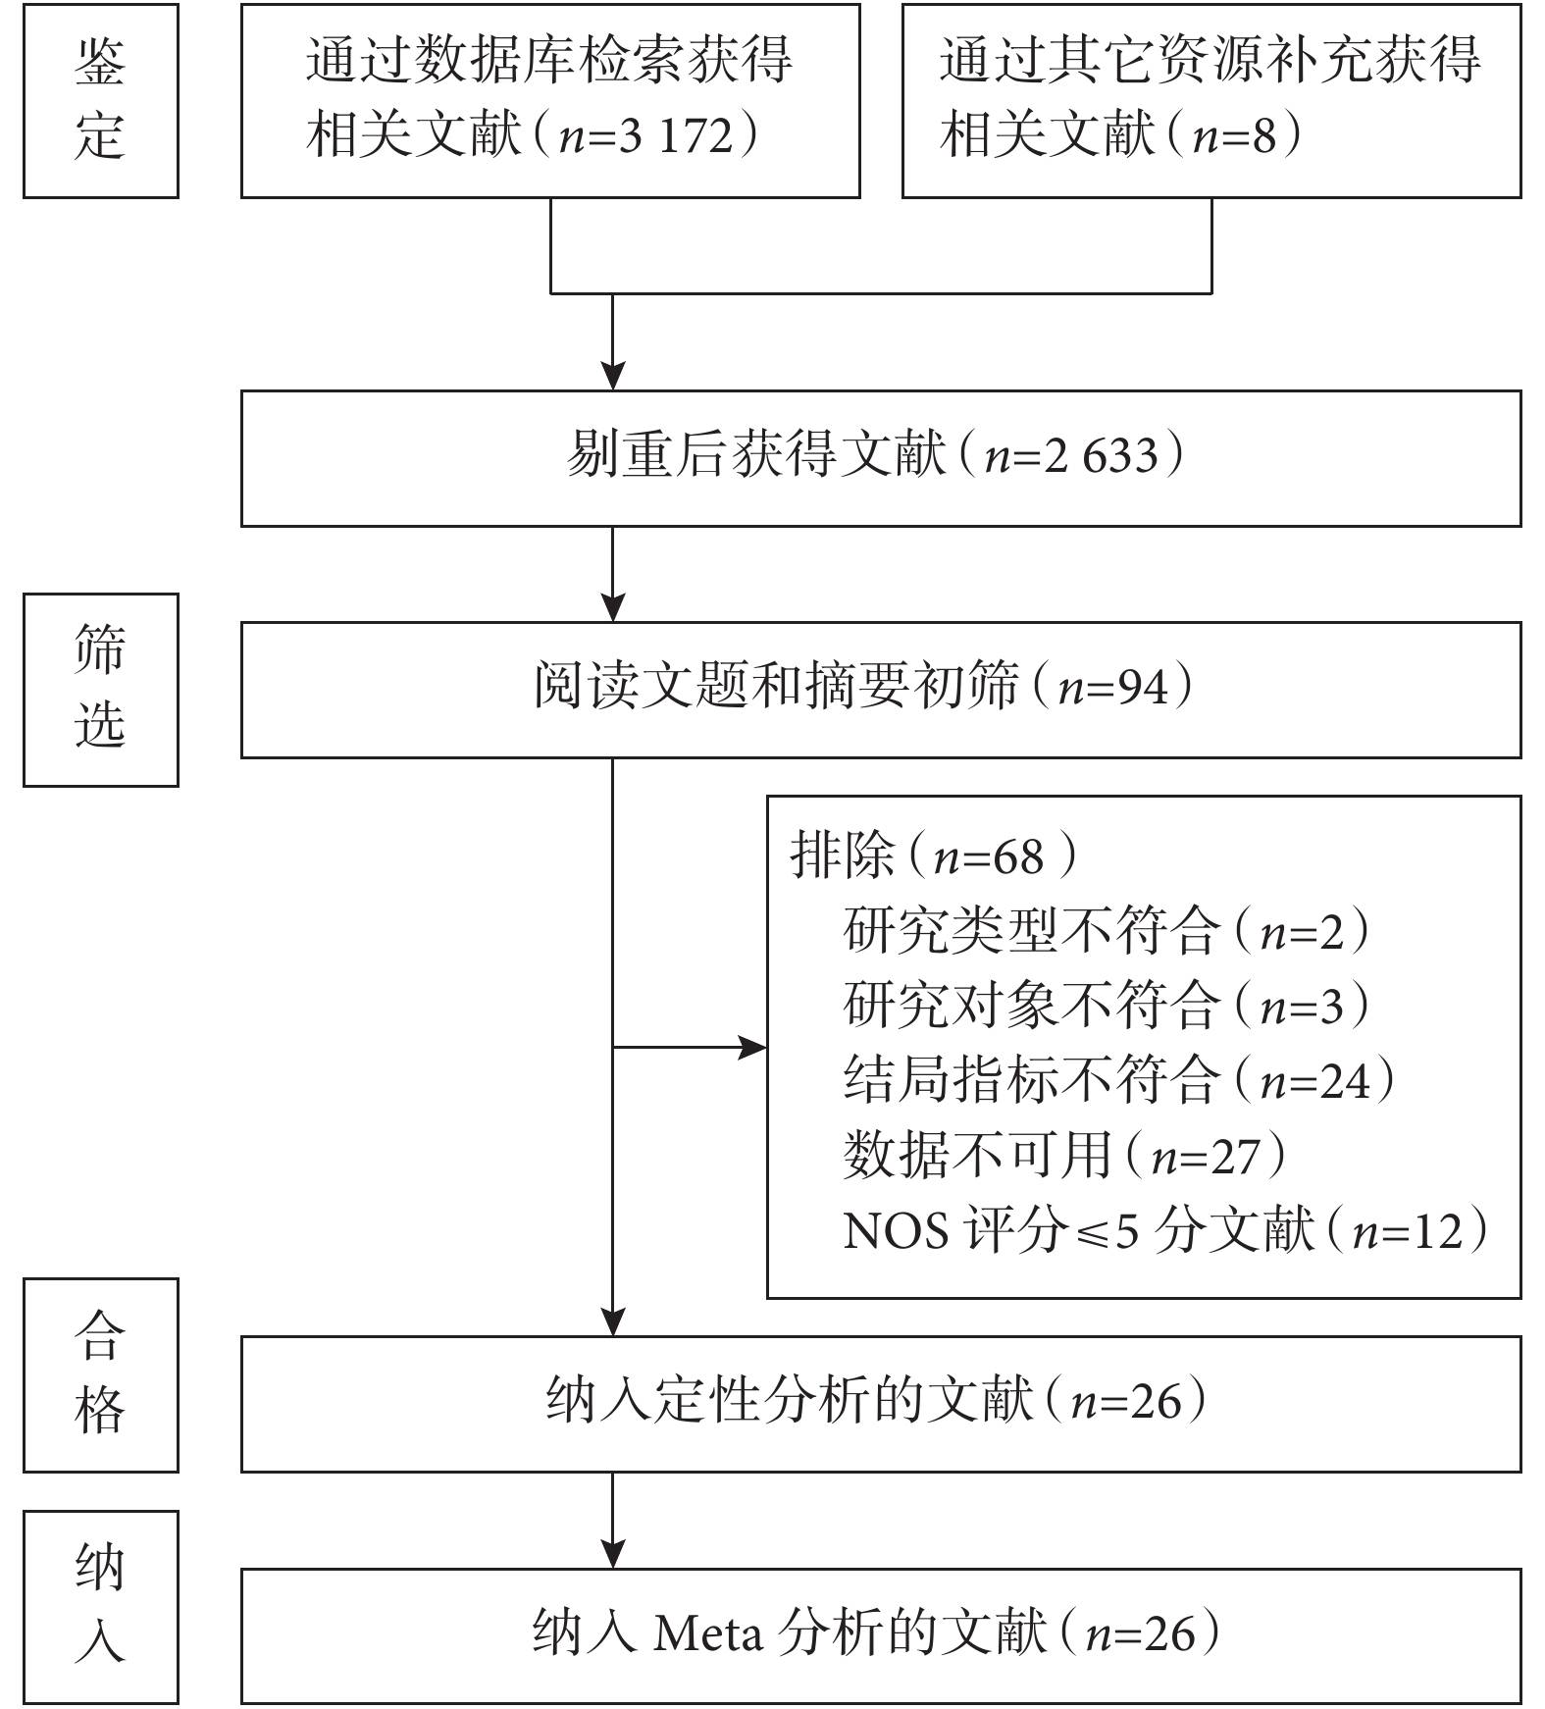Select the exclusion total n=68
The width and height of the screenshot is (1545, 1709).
click(x=988, y=857)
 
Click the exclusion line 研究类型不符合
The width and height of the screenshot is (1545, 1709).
click(x=1029, y=931)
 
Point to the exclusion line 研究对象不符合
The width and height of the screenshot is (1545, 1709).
click(x=1029, y=1006)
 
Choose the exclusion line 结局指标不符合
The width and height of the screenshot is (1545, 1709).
click(x=1029, y=1080)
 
